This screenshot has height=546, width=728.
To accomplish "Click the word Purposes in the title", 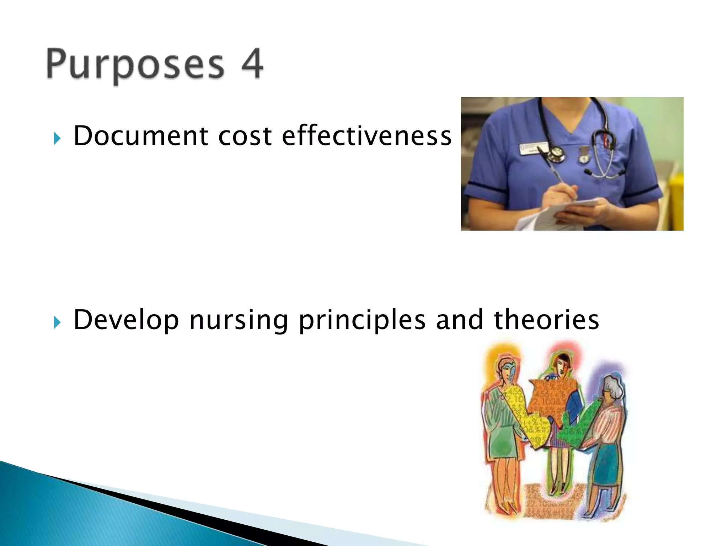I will click(x=135, y=64).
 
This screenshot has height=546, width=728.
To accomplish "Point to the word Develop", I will click(x=126, y=320).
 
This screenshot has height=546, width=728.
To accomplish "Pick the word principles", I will click(x=362, y=320).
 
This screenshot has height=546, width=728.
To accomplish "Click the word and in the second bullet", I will click(x=460, y=320).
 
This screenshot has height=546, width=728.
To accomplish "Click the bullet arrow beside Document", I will click(x=57, y=138).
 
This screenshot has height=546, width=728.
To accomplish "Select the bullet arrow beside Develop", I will click(x=57, y=322).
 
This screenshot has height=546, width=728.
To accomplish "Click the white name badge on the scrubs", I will click(x=533, y=148).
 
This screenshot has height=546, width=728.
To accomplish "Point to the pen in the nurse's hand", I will click(x=558, y=174).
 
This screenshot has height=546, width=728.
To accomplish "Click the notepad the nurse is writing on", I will click(x=555, y=213).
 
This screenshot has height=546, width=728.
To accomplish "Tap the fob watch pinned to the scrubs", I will click(x=583, y=156).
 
